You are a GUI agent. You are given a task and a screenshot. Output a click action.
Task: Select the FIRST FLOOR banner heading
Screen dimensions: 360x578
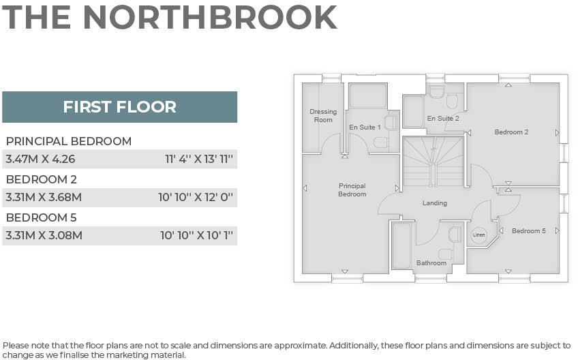119,107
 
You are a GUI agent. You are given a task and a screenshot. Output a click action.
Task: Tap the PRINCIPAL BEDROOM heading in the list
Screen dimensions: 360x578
69,141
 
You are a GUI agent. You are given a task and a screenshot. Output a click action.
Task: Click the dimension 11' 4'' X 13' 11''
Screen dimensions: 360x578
199,160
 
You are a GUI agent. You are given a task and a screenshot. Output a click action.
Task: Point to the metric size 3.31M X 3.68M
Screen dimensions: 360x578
44,198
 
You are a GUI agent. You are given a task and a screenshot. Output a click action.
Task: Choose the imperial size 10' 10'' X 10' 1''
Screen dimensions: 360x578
196,236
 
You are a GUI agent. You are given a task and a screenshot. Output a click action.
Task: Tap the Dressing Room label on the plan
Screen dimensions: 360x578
323,116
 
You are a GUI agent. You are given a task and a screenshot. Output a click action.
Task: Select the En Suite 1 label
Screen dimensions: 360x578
365,127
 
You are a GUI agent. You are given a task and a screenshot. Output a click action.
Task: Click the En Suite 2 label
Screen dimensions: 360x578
443,119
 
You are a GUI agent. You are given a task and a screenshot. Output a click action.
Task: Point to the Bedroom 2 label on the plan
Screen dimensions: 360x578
511,132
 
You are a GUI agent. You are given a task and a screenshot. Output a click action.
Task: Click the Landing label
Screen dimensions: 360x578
434,203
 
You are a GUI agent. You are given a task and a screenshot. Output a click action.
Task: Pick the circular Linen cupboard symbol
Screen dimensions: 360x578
479,234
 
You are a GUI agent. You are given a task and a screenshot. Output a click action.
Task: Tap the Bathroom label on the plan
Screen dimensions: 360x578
431,263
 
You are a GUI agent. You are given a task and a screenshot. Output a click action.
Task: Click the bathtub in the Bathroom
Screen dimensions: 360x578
401,245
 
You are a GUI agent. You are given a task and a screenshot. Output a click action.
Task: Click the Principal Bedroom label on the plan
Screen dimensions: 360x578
352,190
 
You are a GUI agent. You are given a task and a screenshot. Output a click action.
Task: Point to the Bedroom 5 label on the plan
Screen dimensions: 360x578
528,231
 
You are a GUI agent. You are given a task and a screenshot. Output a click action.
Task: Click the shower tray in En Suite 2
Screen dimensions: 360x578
413,111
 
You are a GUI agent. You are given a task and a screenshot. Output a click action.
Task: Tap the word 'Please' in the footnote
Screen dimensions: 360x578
16,346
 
